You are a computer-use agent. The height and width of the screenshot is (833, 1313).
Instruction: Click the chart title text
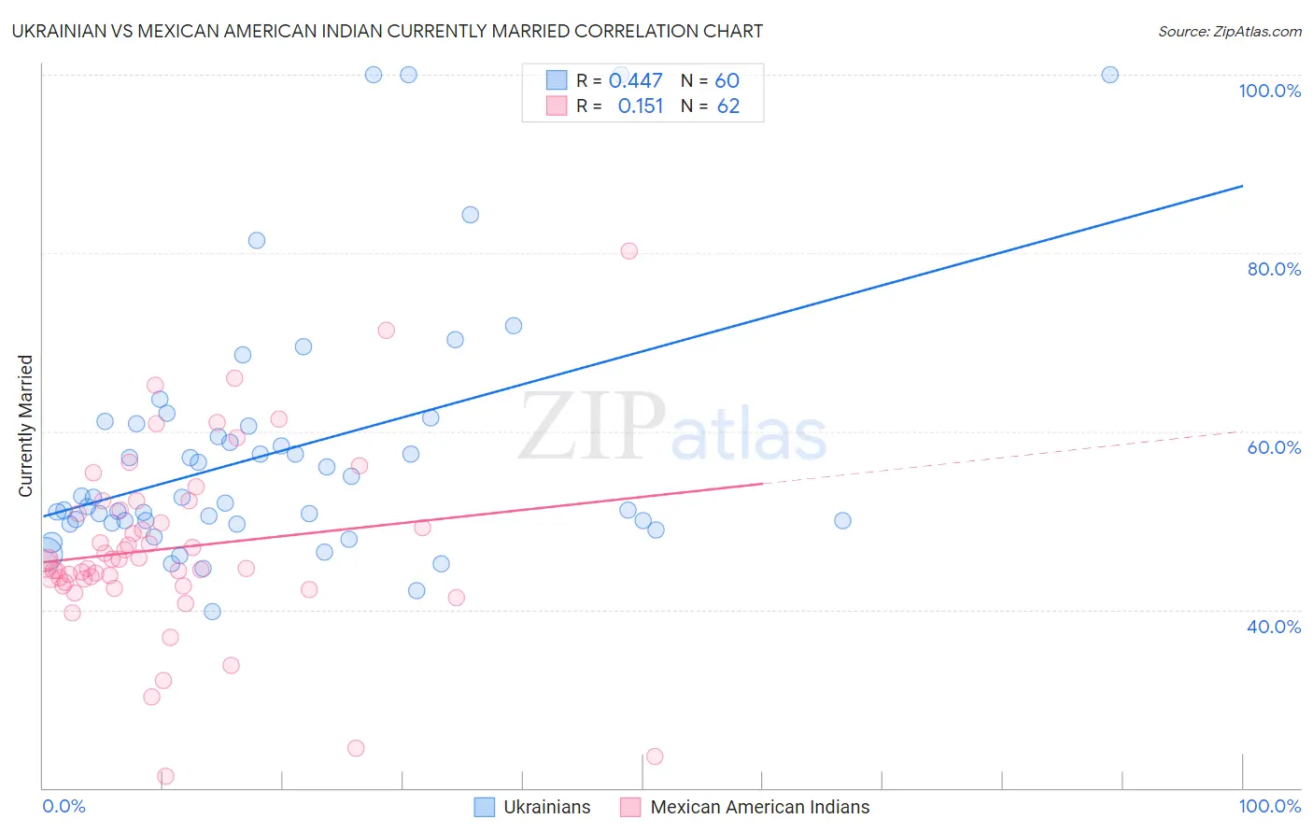click(x=387, y=32)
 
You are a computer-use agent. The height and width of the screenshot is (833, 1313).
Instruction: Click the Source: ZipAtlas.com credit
click(x=1229, y=32)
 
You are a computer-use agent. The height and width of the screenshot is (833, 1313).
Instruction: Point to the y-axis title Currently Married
click(x=25, y=426)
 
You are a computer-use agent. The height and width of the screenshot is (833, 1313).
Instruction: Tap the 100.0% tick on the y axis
click(x=1269, y=91)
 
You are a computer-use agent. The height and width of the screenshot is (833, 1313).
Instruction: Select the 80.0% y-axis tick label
click(x=1274, y=269)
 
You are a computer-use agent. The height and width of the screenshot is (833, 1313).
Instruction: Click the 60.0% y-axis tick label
click(x=1274, y=447)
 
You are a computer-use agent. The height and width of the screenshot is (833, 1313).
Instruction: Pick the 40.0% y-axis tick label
click(x=1274, y=627)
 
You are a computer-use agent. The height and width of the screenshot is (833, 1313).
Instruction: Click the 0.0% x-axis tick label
click(x=64, y=806)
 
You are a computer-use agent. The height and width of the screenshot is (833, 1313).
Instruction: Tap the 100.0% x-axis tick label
click(x=1269, y=806)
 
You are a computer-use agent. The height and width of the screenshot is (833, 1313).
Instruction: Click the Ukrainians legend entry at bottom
click(x=546, y=807)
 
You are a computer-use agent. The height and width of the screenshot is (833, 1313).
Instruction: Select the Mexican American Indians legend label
click(x=759, y=807)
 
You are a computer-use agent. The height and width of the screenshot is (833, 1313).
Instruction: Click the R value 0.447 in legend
click(x=635, y=81)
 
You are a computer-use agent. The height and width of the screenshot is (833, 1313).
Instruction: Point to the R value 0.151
click(x=640, y=106)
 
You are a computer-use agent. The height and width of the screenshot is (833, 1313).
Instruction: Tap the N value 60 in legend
click(x=727, y=81)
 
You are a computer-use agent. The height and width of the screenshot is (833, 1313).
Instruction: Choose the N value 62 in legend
click(x=727, y=106)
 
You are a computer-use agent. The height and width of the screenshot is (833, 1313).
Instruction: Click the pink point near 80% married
click(x=629, y=251)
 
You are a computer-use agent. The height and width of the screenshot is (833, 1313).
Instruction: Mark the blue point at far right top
click(x=1109, y=75)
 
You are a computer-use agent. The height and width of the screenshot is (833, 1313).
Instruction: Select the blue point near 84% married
click(x=471, y=215)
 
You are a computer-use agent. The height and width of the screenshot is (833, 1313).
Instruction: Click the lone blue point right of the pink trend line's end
click(x=842, y=521)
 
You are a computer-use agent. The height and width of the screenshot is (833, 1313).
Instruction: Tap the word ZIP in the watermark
click(x=592, y=429)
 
